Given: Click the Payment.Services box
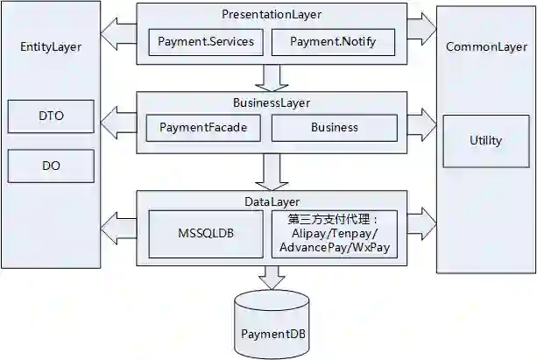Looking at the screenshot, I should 205,42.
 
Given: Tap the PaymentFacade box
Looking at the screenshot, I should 204,127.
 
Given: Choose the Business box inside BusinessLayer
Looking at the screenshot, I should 335,127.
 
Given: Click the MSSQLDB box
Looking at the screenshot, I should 205,233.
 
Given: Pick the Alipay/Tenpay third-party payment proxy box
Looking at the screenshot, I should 335,233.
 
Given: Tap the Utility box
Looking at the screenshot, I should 485,140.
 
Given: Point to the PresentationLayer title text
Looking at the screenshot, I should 272,15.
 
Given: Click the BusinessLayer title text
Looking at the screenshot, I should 272,102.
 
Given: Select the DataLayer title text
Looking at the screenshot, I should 272,201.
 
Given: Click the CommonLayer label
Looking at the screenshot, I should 485,46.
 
